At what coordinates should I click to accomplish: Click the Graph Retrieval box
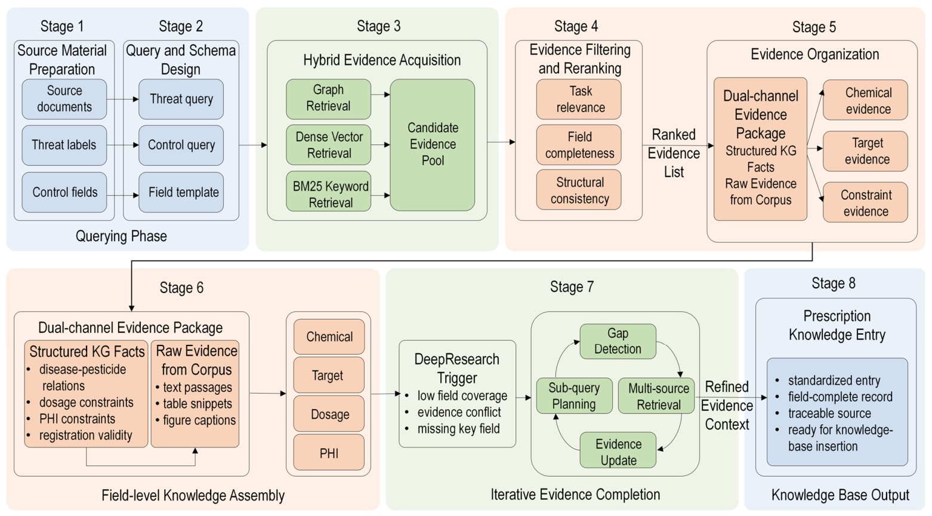328,99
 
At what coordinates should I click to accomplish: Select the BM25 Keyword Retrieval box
328,191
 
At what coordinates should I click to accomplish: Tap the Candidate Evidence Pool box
433,145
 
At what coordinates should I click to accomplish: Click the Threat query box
181,99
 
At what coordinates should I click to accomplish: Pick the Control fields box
64,192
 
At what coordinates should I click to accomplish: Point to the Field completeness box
579,145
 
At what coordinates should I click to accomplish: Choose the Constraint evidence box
865,202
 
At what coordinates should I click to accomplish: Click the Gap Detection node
618,341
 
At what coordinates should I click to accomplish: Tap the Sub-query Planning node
574,396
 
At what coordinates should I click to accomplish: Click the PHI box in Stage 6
329,452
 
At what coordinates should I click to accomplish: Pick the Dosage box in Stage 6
329,413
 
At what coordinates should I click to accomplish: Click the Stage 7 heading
572,287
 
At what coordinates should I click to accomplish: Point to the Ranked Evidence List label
674,153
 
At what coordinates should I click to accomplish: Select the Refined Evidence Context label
727,406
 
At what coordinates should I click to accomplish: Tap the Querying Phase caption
121,236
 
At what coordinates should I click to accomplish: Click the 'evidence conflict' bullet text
459,412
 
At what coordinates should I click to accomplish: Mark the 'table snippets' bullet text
197,404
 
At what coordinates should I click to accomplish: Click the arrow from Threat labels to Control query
123,145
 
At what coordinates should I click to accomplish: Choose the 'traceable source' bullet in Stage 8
829,413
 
